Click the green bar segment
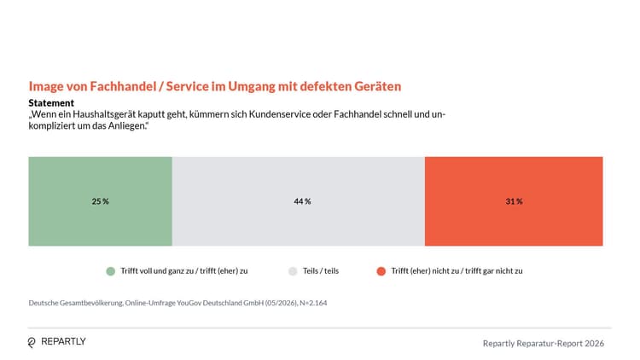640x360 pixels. pyautogui.click(x=101, y=201)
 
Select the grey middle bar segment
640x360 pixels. pyautogui.click(x=299, y=201)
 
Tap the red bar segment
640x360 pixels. pyautogui.click(x=514, y=201)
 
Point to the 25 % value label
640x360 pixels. pyautogui.click(x=101, y=201)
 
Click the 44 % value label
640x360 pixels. pyautogui.click(x=302, y=201)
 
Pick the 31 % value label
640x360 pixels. pyautogui.click(x=514, y=201)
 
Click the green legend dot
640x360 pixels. pyautogui.click(x=111, y=271)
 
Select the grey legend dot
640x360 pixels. pyautogui.click(x=293, y=271)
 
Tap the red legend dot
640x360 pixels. pyautogui.click(x=381, y=271)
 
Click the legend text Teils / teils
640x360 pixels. pyautogui.click(x=321, y=271)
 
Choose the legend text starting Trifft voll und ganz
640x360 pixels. pyautogui.click(x=184, y=271)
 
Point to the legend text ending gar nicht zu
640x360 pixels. pyautogui.click(x=457, y=271)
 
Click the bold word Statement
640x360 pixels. pyautogui.click(x=51, y=103)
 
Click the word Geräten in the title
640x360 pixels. pyautogui.click(x=377, y=86)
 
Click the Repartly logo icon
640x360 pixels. pyautogui.click(x=32, y=342)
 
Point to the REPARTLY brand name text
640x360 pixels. pyautogui.click(x=64, y=341)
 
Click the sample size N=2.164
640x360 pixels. pyautogui.click(x=313, y=303)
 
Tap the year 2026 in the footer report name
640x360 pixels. pyautogui.click(x=594, y=344)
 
